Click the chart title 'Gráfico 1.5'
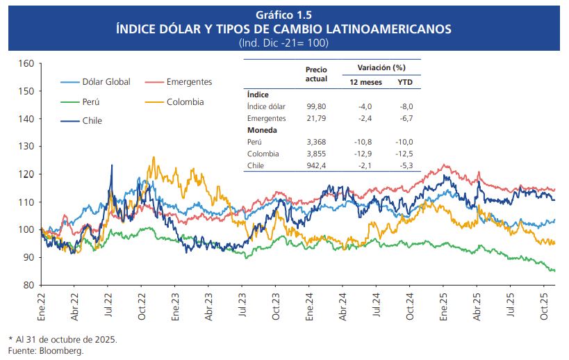[x=284, y=15]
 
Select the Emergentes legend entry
[x=189, y=82]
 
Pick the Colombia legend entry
[x=185, y=101]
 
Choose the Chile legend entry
[x=92, y=120]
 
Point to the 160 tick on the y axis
[x=26, y=63]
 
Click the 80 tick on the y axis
[x=28, y=285]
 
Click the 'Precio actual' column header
[x=316, y=74]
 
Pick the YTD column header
[x=404, y=82]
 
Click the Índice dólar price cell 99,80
[x=316, y=106]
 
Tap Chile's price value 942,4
[x=316, y=165]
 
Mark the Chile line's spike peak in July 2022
[x=111, y=165]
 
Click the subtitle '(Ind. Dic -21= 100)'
[x=284, y=42]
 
